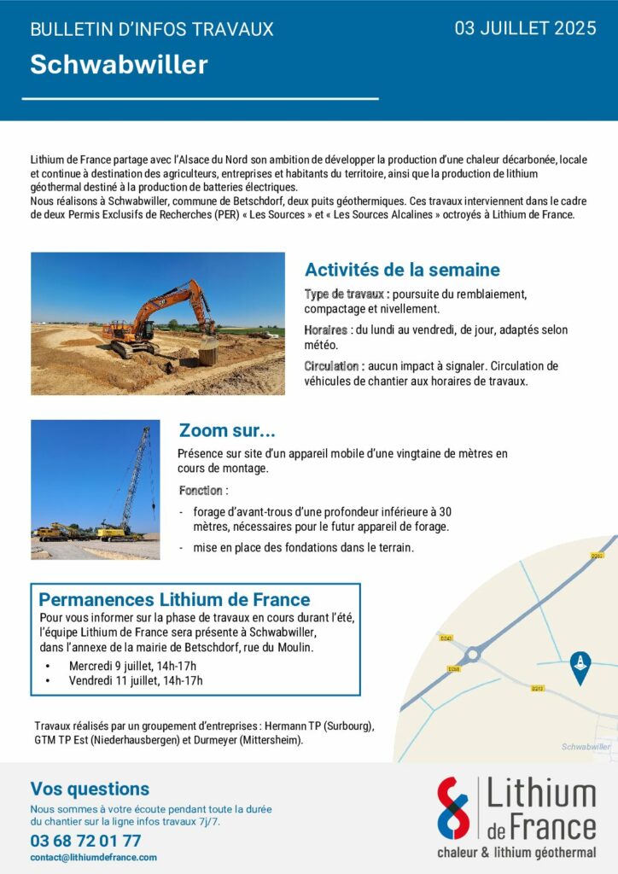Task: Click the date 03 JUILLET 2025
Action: [525, 29]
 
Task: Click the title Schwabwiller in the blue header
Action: [119, 65]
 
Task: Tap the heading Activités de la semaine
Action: [402, 271]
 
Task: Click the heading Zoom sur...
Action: [227, 430]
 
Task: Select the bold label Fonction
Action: [201, 491]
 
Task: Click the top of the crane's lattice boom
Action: [146, 430]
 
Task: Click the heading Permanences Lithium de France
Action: [175, 599]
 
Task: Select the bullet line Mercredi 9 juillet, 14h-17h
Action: [132, 666]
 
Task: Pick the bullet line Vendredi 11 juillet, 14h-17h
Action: [136, 680]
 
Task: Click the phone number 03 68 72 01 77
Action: [85, 841]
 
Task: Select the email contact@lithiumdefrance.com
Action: [94, 857]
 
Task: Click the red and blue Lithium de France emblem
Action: [453, 807]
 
